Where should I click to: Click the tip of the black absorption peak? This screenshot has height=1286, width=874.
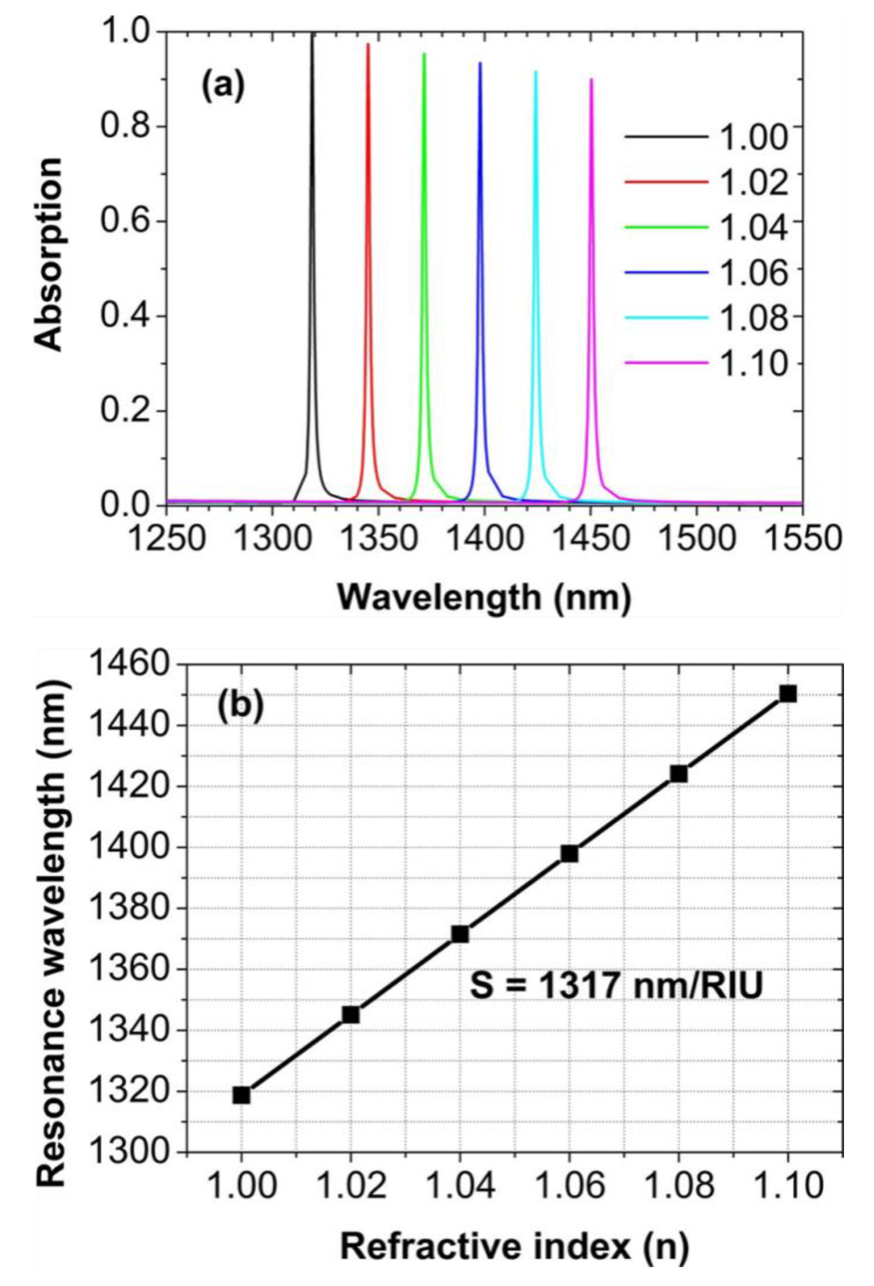point(312,34)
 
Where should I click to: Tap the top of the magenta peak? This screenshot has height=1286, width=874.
point(591,80)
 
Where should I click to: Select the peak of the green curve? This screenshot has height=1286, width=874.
point(424,54)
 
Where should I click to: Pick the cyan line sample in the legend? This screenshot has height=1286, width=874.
point(667,318)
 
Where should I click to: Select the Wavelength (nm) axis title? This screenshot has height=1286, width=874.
point(484,598)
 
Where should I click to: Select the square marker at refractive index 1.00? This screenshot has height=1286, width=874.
point(241,1095)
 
